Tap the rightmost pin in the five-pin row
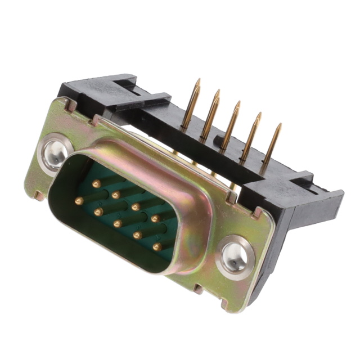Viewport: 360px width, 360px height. coord(157,246)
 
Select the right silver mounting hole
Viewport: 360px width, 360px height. coord(233,258)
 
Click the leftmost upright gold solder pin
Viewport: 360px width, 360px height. coord(191,103)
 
